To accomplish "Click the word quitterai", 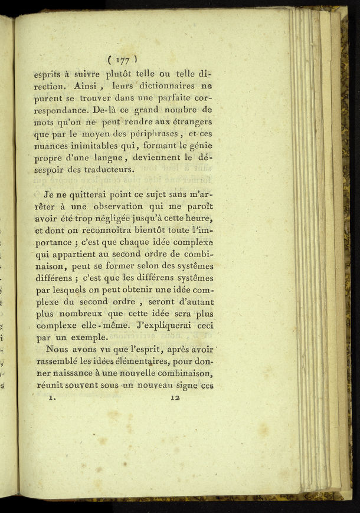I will coord(86,194).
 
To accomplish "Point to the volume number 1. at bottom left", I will coord(52,398).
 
